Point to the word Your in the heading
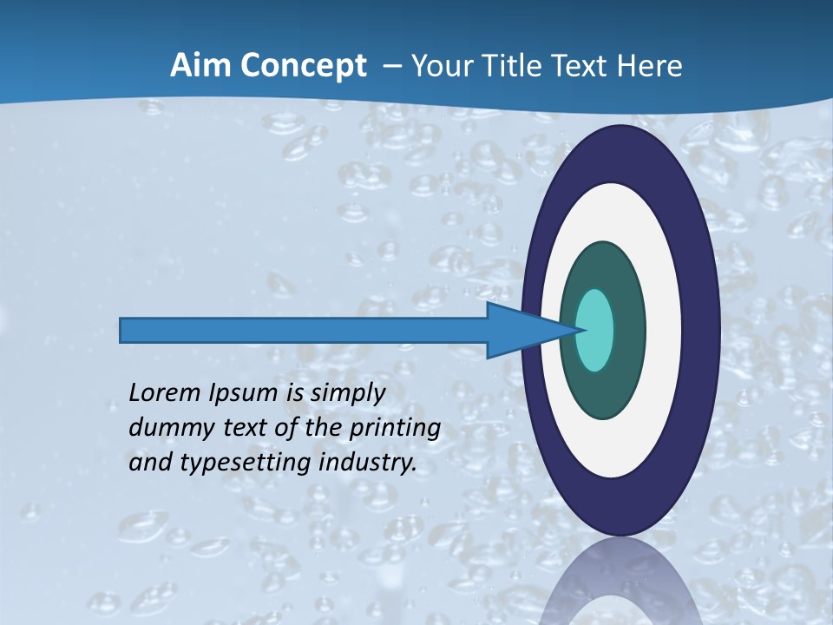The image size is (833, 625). pyautogui.click(x=441, y=66)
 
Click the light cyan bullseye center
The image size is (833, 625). pyautogui.click(x=595, y=330)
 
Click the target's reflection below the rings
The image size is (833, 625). pyautogui.click(x=620, y=586)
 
